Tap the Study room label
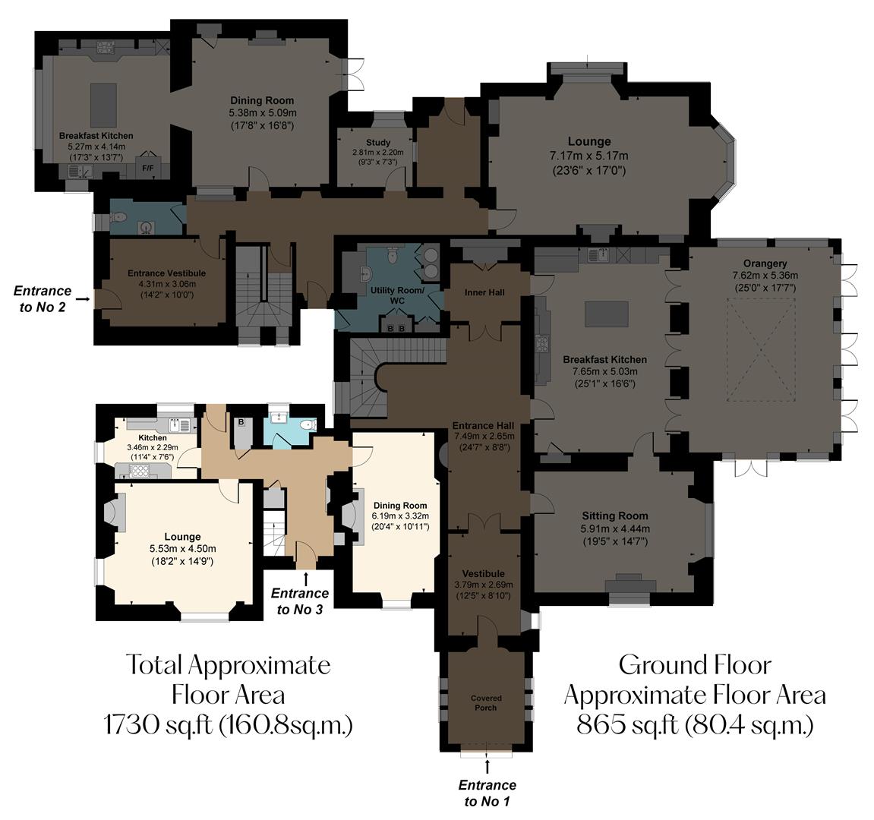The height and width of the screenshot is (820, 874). tap(377, 142)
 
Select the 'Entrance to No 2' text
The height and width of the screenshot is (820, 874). tap(43, 298)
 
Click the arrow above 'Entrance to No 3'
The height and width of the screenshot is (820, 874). tap(306, 578)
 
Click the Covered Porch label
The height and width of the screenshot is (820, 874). tap(485, 703)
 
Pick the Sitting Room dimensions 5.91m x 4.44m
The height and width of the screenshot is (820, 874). tap(615, 529)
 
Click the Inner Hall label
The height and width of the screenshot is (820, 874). tap(484, 292)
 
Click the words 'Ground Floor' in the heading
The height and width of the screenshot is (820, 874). tap(695, 665)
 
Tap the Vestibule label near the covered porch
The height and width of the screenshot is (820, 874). tap(484, 573)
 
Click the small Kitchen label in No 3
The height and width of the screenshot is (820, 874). tap(152, 438)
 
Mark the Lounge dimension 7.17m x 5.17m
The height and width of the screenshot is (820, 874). tap(588, 156)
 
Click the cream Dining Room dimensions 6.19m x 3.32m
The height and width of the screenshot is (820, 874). tap(399, 516)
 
